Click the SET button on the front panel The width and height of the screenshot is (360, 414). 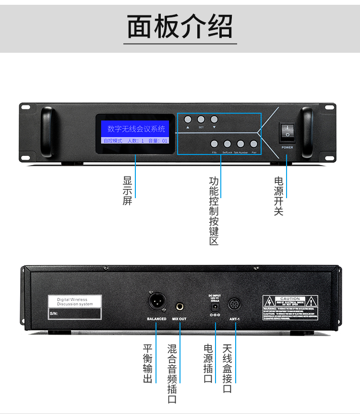point(201,119)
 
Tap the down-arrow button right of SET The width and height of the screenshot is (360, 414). point(214,119)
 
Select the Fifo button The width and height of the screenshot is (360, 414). point(214,143)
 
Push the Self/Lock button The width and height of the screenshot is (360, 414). point(227,143)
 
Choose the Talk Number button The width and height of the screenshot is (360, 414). point(240,143)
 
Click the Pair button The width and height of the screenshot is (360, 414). point(253,143)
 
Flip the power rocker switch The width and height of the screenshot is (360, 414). point(287,131)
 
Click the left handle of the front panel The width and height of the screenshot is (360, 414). point(47,131)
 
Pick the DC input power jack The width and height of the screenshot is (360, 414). point(215,306)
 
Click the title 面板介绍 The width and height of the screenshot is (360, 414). point(180,26)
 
